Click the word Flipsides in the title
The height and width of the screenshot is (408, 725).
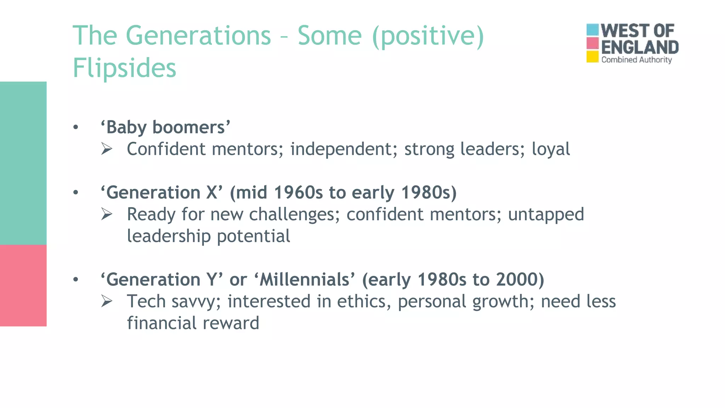124,68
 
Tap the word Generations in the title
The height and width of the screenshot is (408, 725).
198,36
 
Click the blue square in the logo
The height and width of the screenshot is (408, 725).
592,30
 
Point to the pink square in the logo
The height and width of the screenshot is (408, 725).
592,43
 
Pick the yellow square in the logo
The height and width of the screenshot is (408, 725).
592,57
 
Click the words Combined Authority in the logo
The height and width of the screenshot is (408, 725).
636,60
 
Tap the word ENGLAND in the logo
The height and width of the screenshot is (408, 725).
640,47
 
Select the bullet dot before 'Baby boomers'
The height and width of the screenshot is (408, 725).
75,127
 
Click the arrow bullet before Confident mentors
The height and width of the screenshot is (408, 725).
107,149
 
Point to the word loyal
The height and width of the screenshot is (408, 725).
551,149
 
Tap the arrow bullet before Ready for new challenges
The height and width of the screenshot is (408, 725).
107,214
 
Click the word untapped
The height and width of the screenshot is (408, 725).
546,215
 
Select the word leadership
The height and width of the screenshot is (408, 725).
169,236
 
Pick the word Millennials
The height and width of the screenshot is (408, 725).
304,279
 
